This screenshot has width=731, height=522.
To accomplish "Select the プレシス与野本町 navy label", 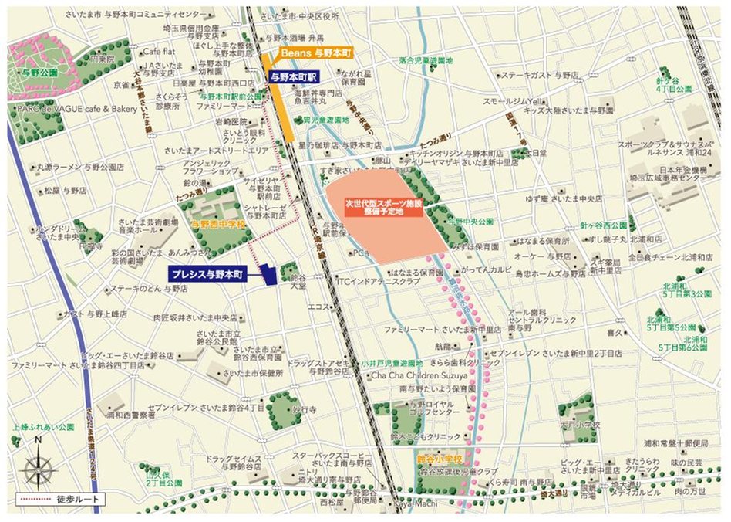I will click(207, 274).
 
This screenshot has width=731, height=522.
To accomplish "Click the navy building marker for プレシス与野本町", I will click(268, 276).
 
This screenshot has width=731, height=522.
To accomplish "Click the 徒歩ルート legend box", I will click(58, 500).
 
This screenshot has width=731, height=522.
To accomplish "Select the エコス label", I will click(318, 307).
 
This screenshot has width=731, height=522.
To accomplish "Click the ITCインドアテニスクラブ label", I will click(378, 281).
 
